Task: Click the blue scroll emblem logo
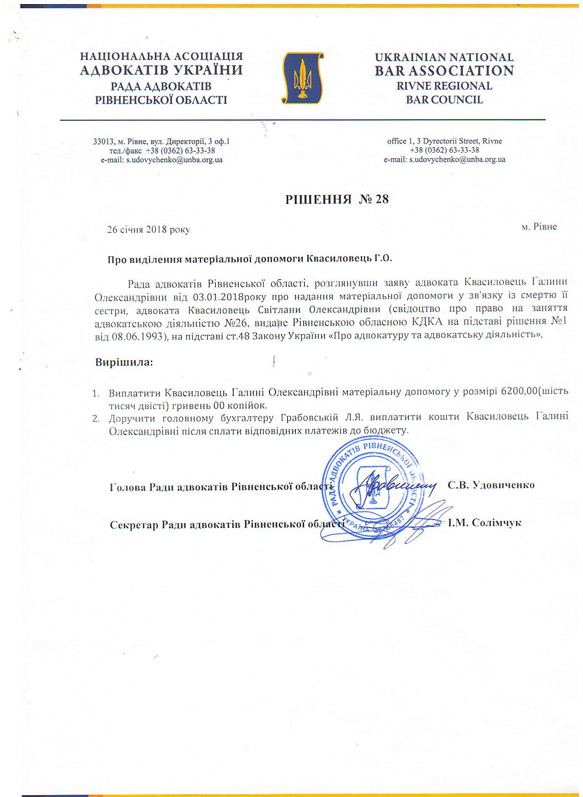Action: tap(302, 78)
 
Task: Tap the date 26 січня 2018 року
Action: tap(149, 229)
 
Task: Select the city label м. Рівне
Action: tap(539, 227)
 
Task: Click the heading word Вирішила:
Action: tap(124, 362)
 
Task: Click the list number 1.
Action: tap(96, 393)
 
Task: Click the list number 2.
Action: tap(96, 419)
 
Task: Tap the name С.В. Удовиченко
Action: tap(491, 485)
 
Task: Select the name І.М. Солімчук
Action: tap(485, 522)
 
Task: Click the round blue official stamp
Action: tap(371, 487)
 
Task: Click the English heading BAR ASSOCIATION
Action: tap(444, 71)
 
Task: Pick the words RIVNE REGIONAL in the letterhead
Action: tap(444, 86)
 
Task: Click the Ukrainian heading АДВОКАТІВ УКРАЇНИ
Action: tap(161, 70)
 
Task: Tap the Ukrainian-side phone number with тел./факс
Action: tap(162, 150)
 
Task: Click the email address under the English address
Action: tap(457, 159)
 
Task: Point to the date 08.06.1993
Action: tap(137, 337)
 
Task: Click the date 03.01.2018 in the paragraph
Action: tap(218, 296)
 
